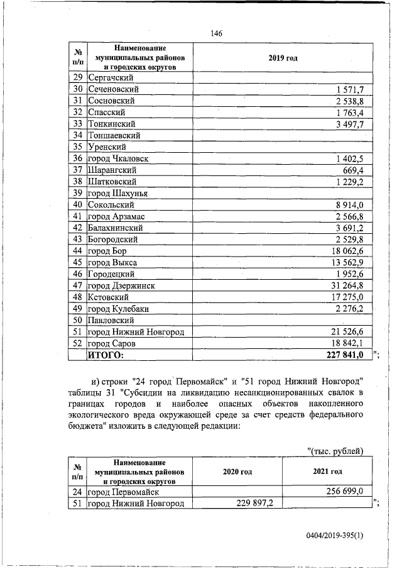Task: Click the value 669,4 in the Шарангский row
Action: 360,170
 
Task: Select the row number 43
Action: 78,239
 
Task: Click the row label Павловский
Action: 114,320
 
